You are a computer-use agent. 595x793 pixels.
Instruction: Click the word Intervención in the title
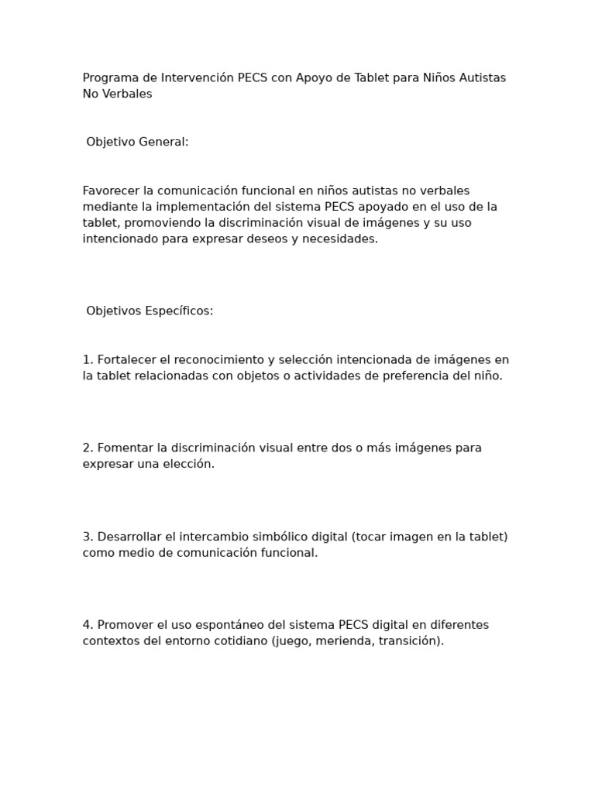click(197, 78)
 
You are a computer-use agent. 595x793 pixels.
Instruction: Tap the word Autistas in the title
click(480, 78)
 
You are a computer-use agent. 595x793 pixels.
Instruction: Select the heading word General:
click(163, 142)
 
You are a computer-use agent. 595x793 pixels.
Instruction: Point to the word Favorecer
click(111, 191)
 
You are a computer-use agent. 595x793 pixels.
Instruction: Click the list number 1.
click(88, 360)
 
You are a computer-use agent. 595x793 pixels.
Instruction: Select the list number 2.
click(88, 448)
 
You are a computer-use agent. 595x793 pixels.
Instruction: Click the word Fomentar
click(126, 448)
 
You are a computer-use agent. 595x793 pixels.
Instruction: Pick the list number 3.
click(88, 537)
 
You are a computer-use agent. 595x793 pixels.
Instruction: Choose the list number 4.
click(88, 625)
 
